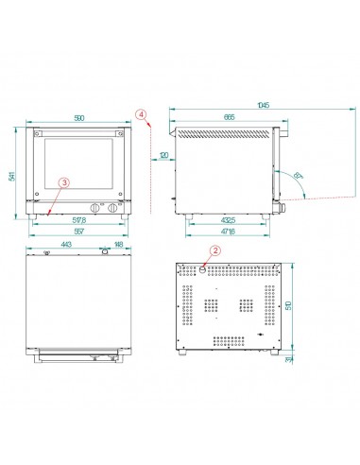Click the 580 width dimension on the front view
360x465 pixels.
(x=77, y=117)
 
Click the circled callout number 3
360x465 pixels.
(x=64, y=181)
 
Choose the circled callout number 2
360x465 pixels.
(x=214, y=250)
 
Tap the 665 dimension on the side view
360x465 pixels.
(x=230, y=116)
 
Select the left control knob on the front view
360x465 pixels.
(x=94, y=208)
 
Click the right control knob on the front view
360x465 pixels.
(x=113, y=208)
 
